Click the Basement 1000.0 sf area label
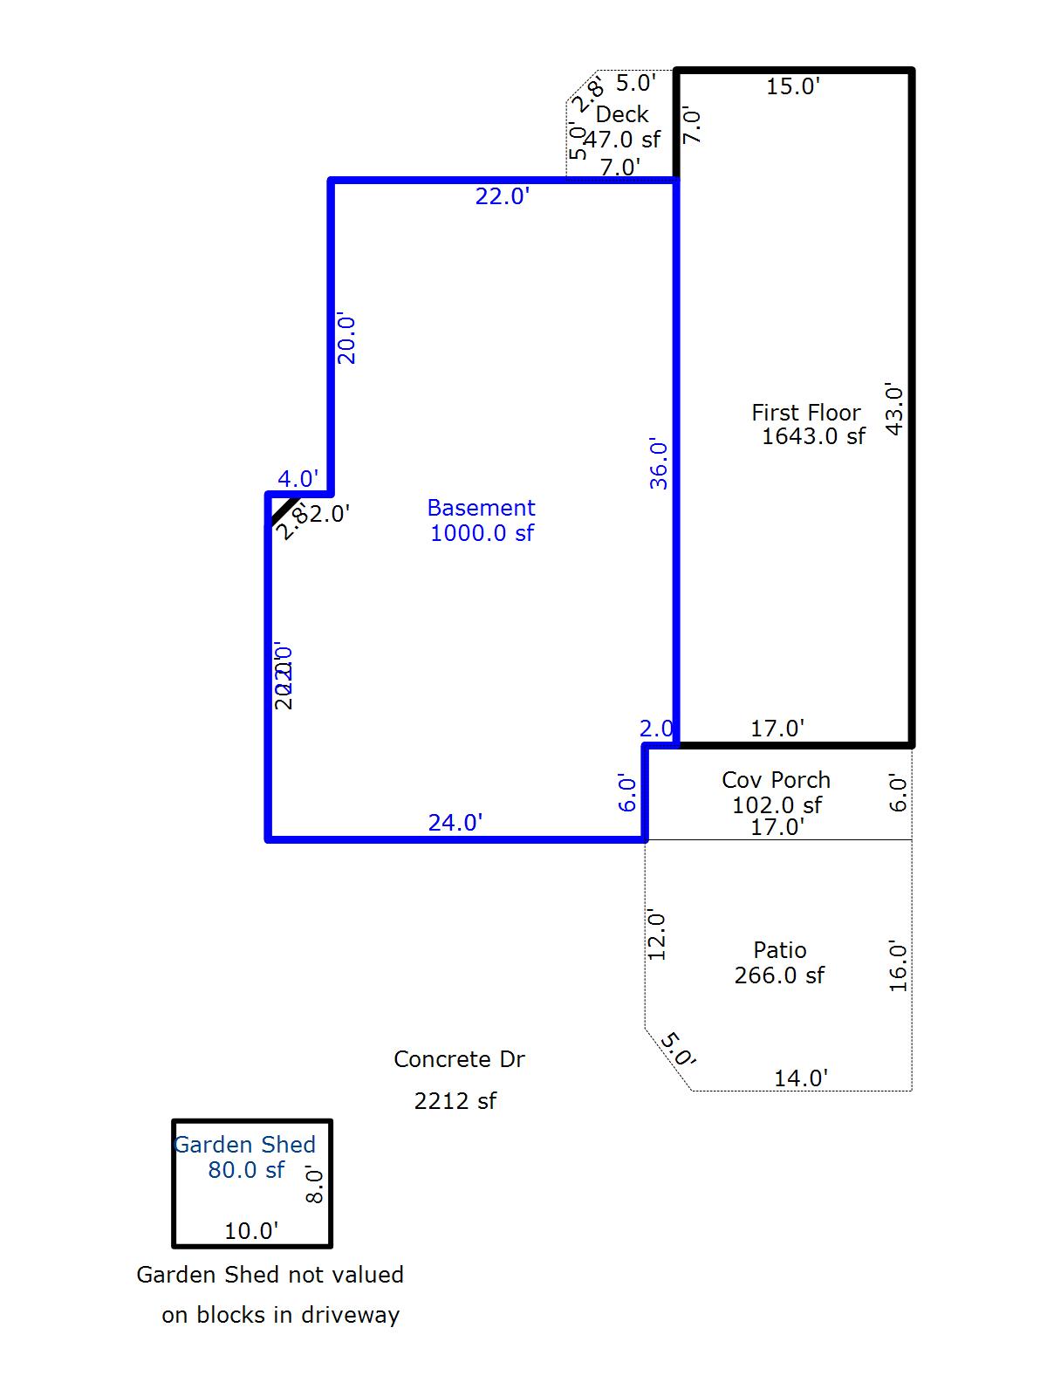(482, 520)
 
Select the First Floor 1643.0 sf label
(809, 424)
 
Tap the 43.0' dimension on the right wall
(894, 408)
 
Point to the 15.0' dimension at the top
(792, 86)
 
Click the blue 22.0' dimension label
(502, 196)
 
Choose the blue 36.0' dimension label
(659, 464)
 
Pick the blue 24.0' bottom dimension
(455, 823)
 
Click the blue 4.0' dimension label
(298, 479)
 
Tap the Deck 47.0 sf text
(622, 127)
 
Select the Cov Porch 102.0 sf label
(777, 792)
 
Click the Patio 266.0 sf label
(779, 962)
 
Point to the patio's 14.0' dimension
(800, 1078)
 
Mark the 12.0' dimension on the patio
(656, 935)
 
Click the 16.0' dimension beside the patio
(898, 966)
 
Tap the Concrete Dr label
(459, 1059)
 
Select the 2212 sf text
(455, 1101)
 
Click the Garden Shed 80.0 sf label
(245, 1157)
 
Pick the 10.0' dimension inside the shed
(251, 1231)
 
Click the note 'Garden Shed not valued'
(270, 1275)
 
